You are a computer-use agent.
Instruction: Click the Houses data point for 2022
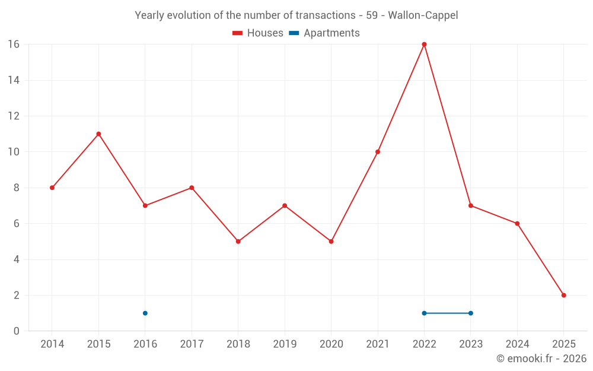(x=424, y=44)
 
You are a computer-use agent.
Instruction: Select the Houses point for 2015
(x=98, y=134)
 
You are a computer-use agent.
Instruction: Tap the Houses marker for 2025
(x=563, y=295)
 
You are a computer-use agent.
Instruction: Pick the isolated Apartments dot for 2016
(x=145, y=313)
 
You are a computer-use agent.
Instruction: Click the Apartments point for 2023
(x=471, y=313)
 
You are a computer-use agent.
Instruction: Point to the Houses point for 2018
(x=238, y=241)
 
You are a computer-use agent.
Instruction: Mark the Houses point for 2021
(x=378, y=152)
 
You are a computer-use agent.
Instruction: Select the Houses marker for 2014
(x=52, y=188)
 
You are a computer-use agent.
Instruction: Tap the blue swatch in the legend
(x=294, y=33)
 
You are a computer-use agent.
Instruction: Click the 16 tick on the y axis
(x=13, y=44)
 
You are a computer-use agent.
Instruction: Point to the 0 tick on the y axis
(x=16, y=331)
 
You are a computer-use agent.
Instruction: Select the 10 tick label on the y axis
(x=13, y=152)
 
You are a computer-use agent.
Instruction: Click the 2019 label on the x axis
(x=285, y=344)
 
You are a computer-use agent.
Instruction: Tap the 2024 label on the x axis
(x=517, y=344)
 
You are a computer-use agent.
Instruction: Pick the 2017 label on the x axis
(x=192, y=344)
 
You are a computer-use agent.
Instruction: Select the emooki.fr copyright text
(x=541, y=359)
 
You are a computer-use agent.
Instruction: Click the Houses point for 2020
(x=331, y=241)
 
